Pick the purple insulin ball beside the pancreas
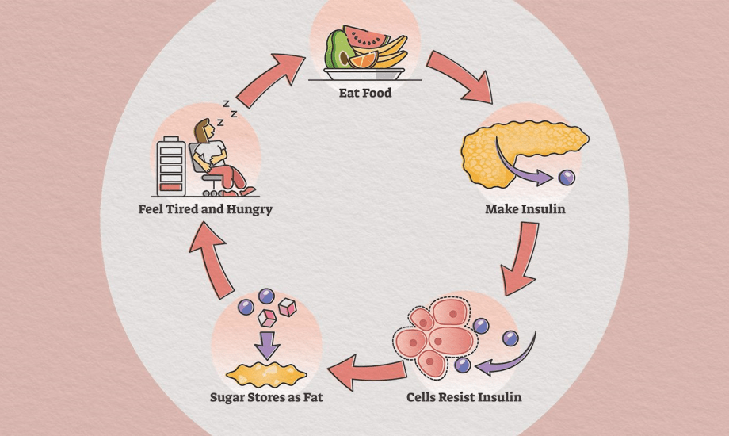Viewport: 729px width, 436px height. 566,178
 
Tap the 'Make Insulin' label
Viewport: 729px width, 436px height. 525,210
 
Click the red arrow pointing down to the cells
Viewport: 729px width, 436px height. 523,258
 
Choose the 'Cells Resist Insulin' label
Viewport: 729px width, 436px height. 464,395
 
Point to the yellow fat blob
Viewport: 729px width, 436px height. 265,371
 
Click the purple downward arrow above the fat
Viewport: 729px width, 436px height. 265,343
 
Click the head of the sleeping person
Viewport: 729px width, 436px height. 204,128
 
